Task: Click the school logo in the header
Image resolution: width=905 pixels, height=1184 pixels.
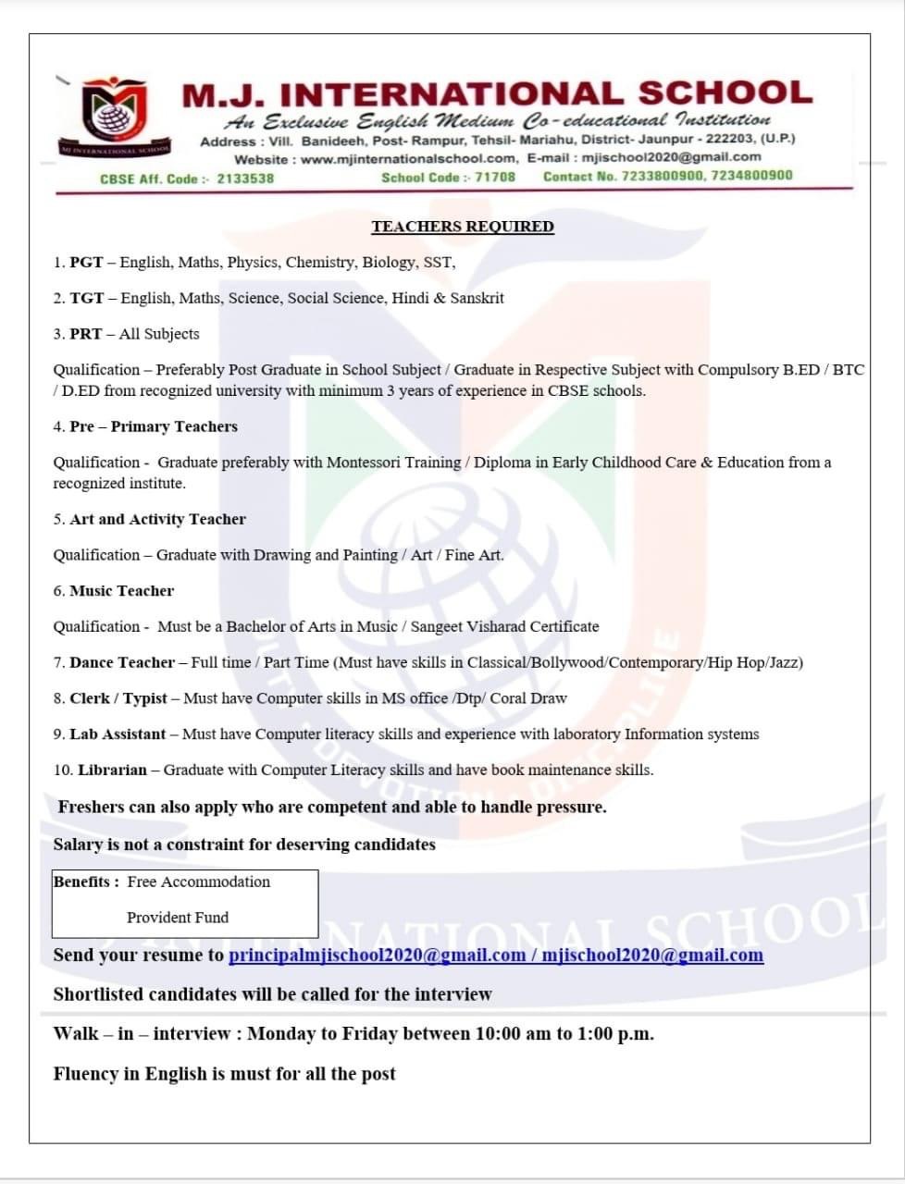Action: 114,114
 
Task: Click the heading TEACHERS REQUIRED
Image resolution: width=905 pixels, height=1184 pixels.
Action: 463,227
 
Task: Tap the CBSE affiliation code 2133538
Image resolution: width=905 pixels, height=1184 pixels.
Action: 245,179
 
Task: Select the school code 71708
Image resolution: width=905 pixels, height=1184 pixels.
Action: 495,177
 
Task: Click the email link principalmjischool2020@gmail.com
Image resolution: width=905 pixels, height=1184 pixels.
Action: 377,956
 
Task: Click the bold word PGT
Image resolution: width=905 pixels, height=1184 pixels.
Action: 86,263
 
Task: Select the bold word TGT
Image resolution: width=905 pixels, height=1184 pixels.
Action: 86,299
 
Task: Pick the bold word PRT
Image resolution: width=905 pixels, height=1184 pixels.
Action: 86,334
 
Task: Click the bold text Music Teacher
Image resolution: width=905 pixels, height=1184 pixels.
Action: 121,591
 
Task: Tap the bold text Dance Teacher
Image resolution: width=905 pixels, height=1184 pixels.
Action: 121,663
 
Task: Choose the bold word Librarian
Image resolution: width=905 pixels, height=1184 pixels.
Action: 112,771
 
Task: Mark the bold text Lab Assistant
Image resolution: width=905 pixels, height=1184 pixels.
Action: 118,734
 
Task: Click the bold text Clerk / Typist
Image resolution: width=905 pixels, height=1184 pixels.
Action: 118,698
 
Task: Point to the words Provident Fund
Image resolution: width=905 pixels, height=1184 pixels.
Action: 178,918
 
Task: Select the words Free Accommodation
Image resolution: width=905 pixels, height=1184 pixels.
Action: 199,882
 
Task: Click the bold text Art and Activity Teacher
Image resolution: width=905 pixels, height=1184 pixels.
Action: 157,520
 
